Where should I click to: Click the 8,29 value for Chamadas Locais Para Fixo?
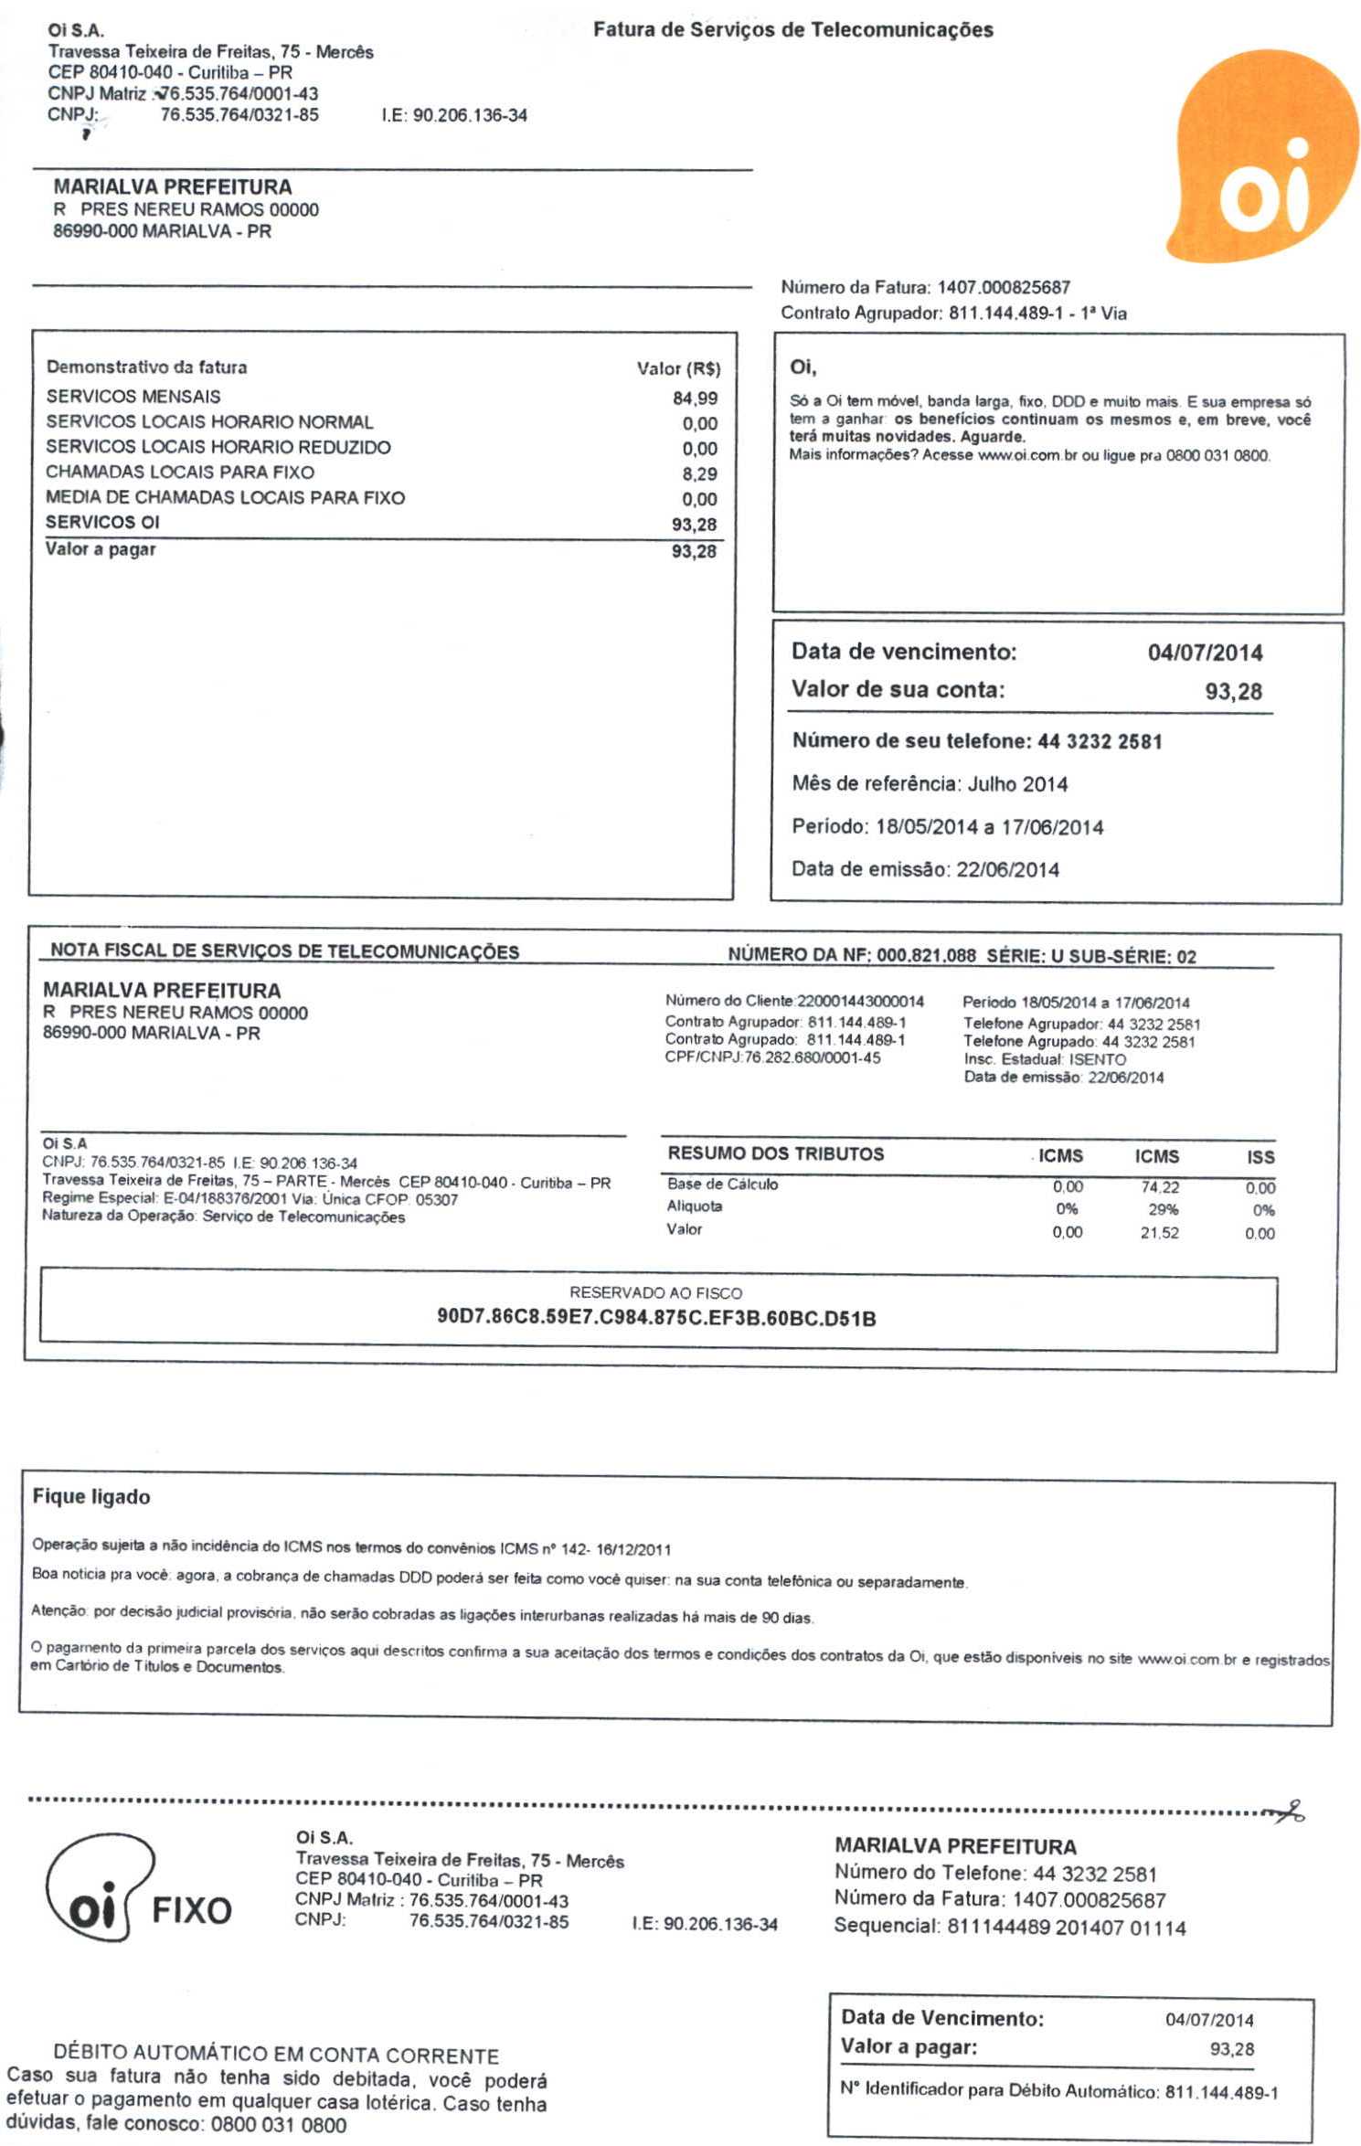[x=699, y=474]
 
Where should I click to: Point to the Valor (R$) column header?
[x=678, y=369]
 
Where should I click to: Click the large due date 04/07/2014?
[x=1205, y=653]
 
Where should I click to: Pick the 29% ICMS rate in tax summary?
[x=1163, y=1209]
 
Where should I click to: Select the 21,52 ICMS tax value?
[x=1159, y=1233]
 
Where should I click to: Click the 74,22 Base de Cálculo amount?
[x=1160, y=1187]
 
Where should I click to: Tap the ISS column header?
[x=1260, y=1157]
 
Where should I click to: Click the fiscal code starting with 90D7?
[x=656, y=1318]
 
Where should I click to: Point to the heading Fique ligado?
[x=91, y=1497]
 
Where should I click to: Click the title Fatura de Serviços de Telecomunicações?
[x=792, y=30]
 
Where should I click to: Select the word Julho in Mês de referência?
[x=992, y=784]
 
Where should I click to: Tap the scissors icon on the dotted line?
[x=1289, y=1809]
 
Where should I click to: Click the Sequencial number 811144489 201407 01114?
[x=1066, y=1928]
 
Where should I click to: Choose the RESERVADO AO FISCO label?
[x=655, y=1293]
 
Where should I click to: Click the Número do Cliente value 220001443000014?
[x=860, y=1002]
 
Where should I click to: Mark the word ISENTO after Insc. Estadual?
[x=1097, y=1059]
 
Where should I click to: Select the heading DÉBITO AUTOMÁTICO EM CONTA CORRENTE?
[x=276, y=2056]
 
